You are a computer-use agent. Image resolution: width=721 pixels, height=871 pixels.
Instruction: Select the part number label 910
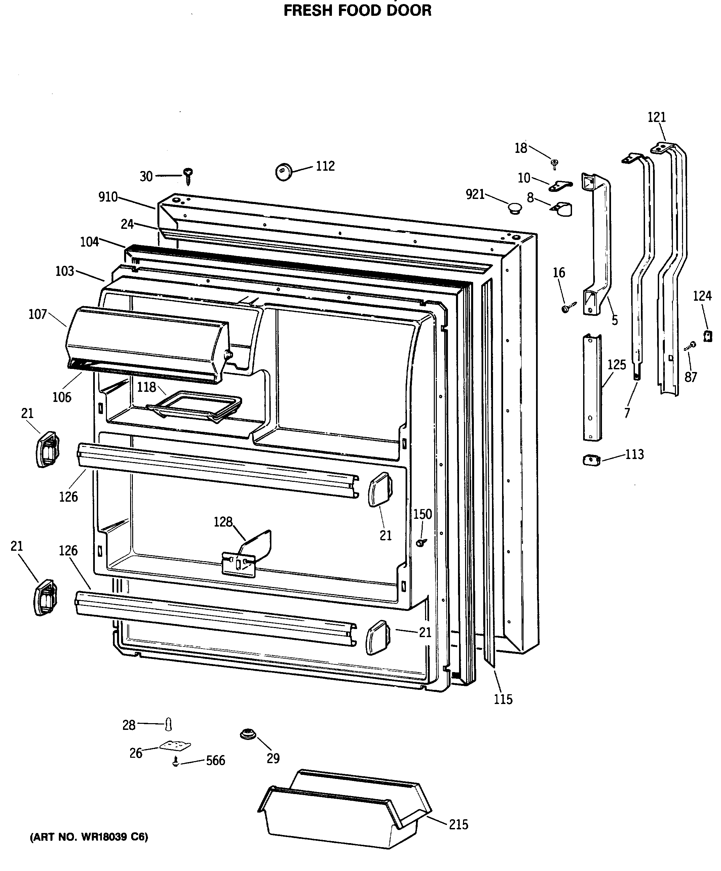coord(108,197)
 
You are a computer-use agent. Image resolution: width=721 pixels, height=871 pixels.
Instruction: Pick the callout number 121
coord(657,117)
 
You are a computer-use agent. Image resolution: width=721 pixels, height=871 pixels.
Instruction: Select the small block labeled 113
coord(592,460)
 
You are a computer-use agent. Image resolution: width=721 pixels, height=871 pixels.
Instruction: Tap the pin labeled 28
coord(168,724)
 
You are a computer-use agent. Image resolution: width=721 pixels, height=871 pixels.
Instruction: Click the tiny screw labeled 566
coord(176,761)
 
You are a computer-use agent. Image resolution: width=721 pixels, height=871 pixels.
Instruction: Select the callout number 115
coord(503,699)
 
